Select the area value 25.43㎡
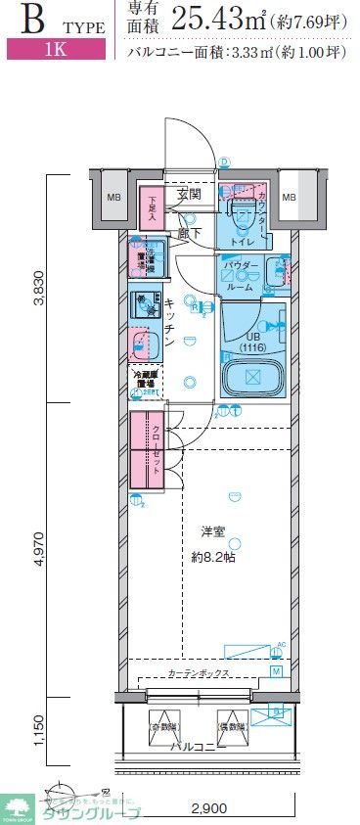[221, 18]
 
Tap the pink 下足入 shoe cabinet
[152, 208]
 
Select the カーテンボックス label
[200, 674]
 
